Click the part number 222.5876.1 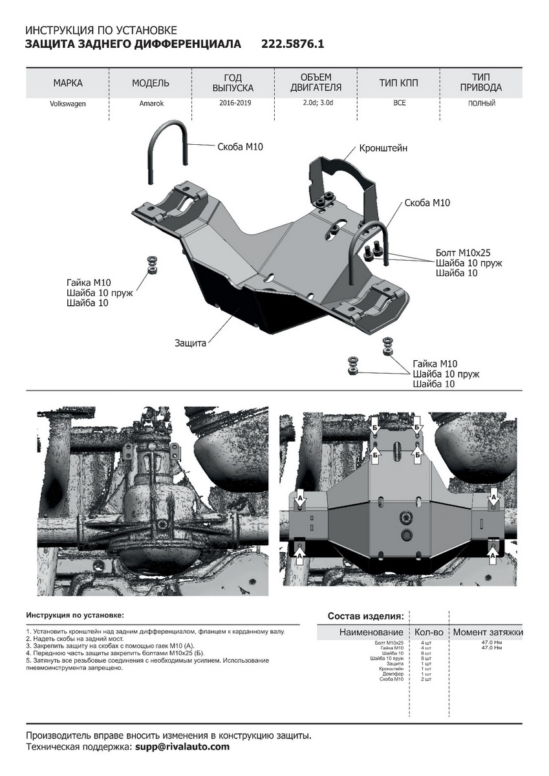click(292, 44)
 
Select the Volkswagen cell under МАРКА click(68, 103)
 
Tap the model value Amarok click(151, 103)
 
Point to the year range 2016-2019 click(234, 103)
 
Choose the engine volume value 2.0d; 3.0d click(316, 103)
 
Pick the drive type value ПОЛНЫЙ click(482, 103)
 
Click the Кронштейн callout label click(383, 148)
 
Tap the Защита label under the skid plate click(190, 343)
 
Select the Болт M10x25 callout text click(465, 252)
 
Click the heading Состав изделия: click(366, 616)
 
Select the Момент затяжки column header click(488, 632)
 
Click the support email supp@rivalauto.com click(182, 747)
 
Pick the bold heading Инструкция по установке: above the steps click(74, 614)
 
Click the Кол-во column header click(429, 632)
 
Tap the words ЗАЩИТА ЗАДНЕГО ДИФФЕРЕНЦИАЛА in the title click(133, 44)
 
